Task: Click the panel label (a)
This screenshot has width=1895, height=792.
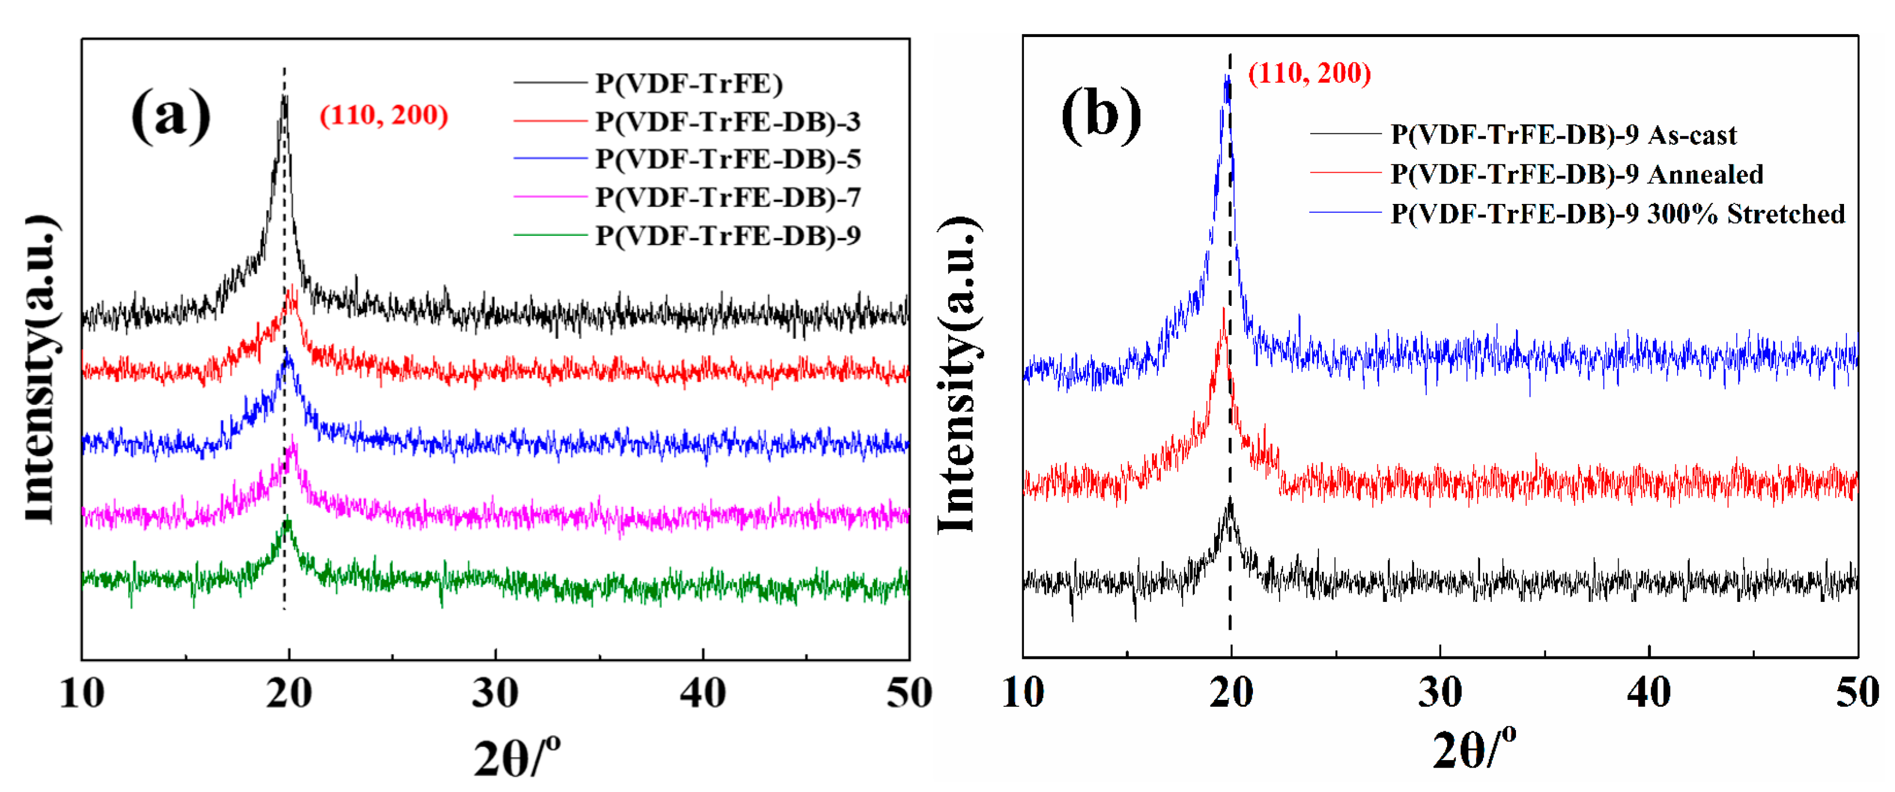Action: pyautogui.click(x=171, y=114)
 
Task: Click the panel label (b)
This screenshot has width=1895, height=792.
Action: pyautogui.click(x=1100, y=114)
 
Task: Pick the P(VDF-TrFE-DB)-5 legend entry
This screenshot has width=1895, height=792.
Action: pyautogui.click(x=727, y=159)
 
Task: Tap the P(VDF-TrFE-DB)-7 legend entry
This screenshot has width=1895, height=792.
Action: pyautogui.click(x=727, y=197)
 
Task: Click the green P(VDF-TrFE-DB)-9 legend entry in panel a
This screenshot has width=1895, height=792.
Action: pyautogui.click(x=727, y=235)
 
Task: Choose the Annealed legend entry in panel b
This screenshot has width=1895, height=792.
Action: pyautogui.click(x=1576, y=174)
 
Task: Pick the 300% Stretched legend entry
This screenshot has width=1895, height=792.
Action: pyautogui.click(x=1617, y=213)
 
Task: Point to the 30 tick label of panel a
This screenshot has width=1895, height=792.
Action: pyautogui.click(x=495, y=693)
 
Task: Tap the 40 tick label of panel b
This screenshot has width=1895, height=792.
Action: pyautogui.click(x=1649, y=693)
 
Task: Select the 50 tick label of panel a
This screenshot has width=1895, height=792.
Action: pyautogui.click(x=909, y=693)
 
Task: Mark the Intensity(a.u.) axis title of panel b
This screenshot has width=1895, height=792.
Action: pyautogui.click(x=957, y=375)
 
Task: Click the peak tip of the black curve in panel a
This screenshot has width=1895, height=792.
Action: pyautogui.click(x=284, y=97)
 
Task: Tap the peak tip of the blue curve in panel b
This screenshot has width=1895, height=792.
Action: pyautogui.click(x=1226, y=76)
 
